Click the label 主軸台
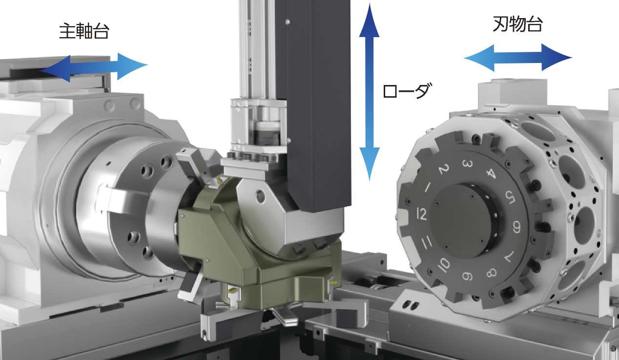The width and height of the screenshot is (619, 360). coord(84,31)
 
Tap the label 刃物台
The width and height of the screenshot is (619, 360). coord(518,24)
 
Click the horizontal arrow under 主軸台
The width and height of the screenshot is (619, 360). coord(94,67)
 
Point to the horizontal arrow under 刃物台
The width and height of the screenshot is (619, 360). coord(517,58)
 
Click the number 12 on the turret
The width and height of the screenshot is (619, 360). coord(421,214)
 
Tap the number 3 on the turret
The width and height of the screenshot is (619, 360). coord(467,164)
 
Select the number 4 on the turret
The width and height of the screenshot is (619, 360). coord(491,173)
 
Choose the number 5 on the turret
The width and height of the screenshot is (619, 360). coord(510,197)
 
